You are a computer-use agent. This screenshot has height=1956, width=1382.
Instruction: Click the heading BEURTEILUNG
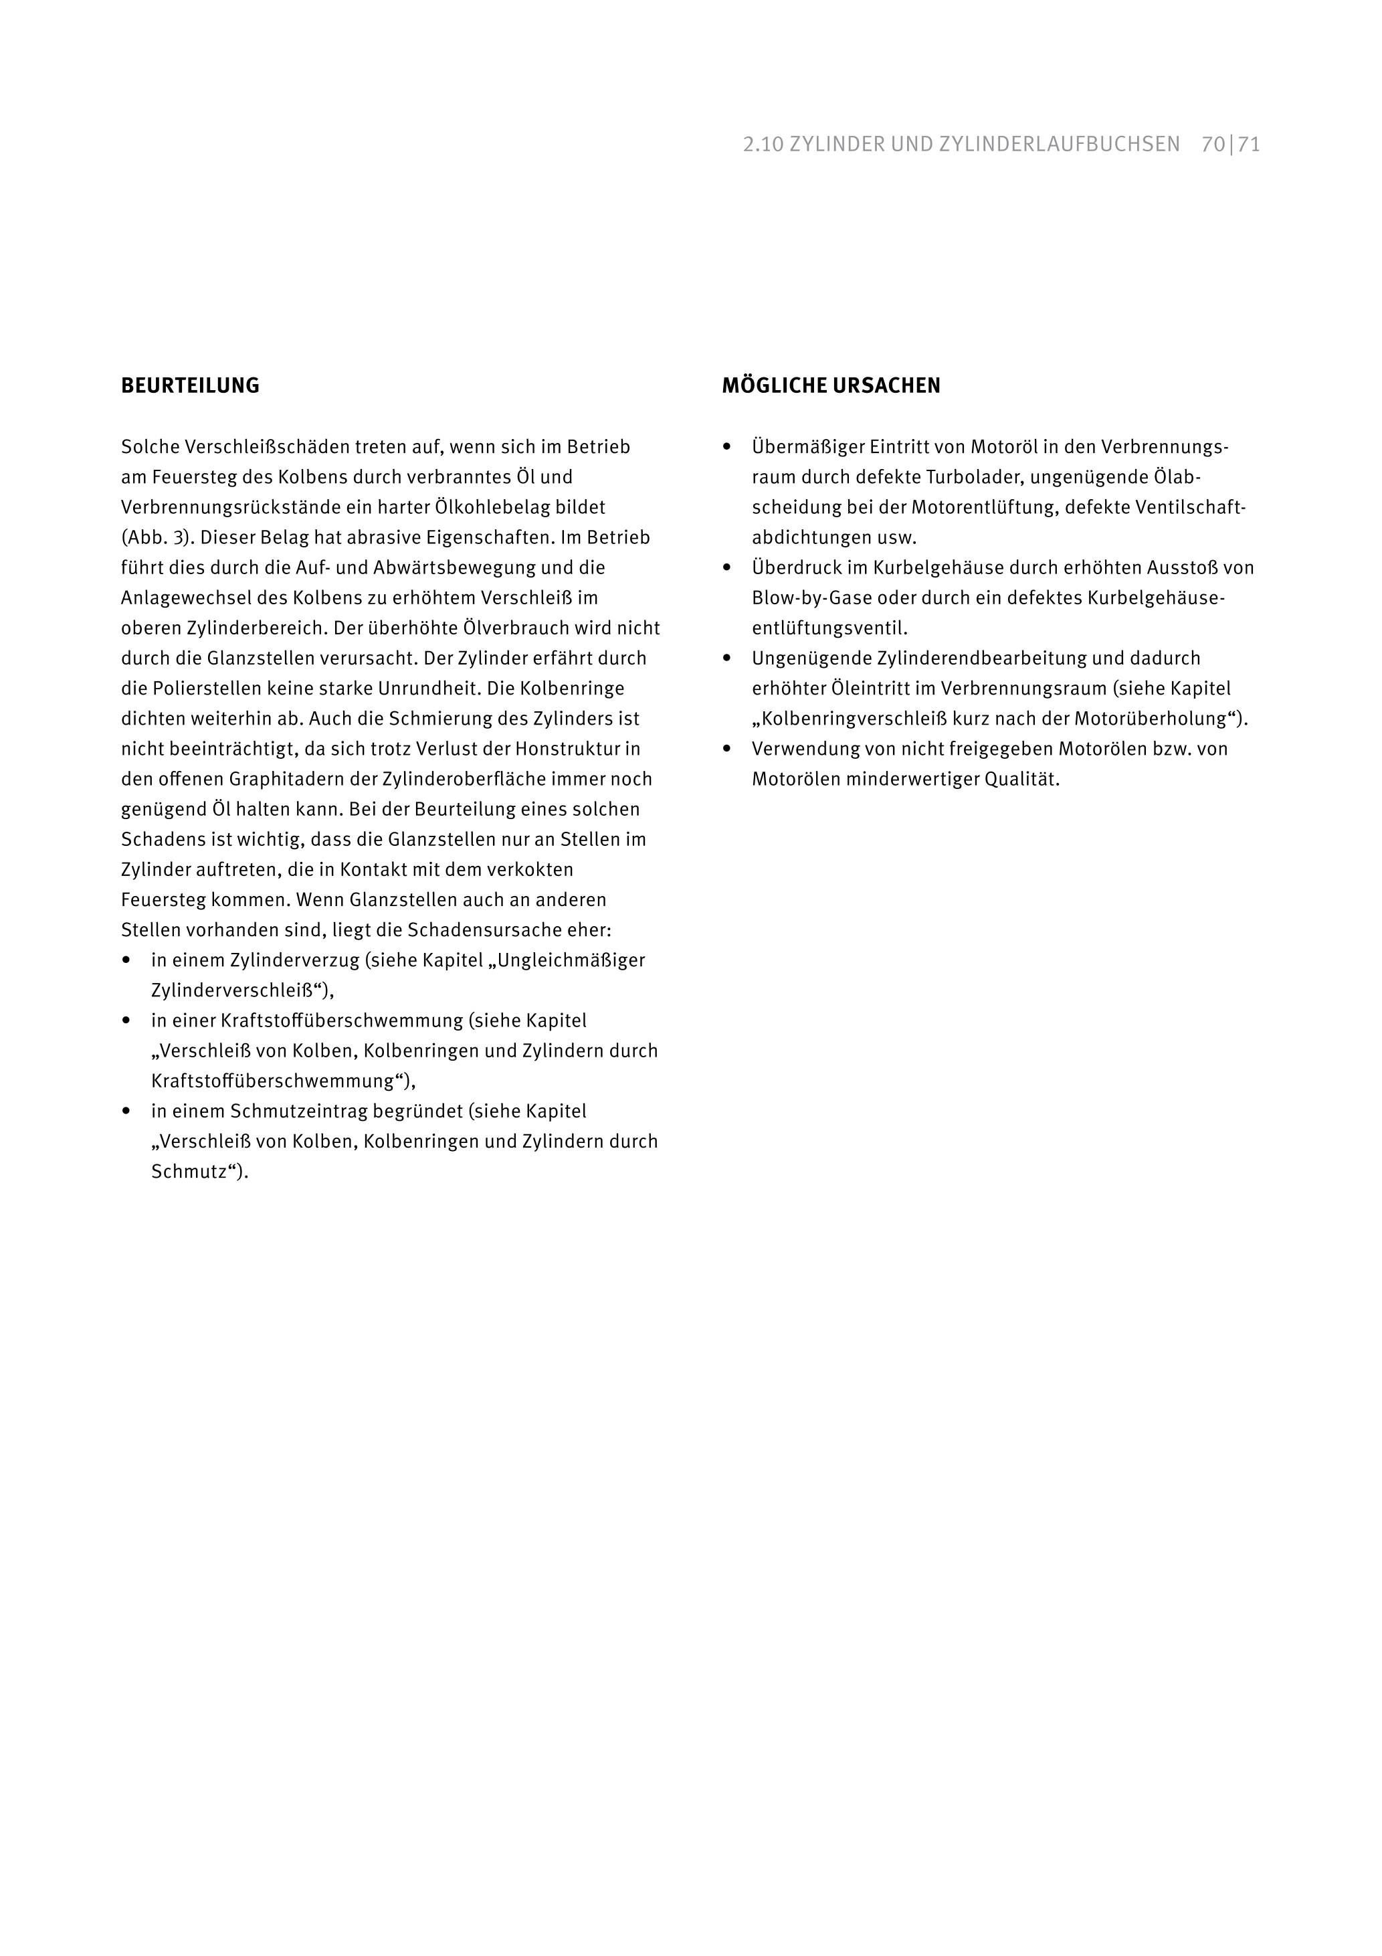(x=190, y=386)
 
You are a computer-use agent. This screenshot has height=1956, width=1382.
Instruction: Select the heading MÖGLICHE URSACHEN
(x=831, y=386)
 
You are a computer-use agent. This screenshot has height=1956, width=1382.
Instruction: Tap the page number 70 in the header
(x=1213, y=145)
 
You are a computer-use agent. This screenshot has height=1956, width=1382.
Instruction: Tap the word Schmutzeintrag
(x=290, y=1111)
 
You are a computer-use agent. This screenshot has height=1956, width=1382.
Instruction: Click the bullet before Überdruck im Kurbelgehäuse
(x=727, y=567)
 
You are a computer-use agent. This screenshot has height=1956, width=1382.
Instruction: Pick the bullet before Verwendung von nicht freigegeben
(x=727, y=749)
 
